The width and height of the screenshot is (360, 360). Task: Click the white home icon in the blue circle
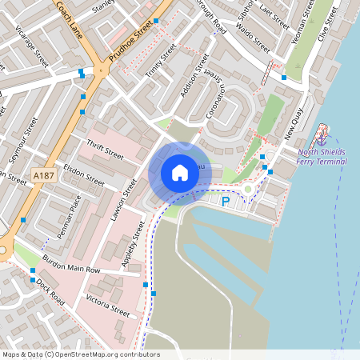click(180, 172)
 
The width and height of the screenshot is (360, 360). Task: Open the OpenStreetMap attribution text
click(81, 354)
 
